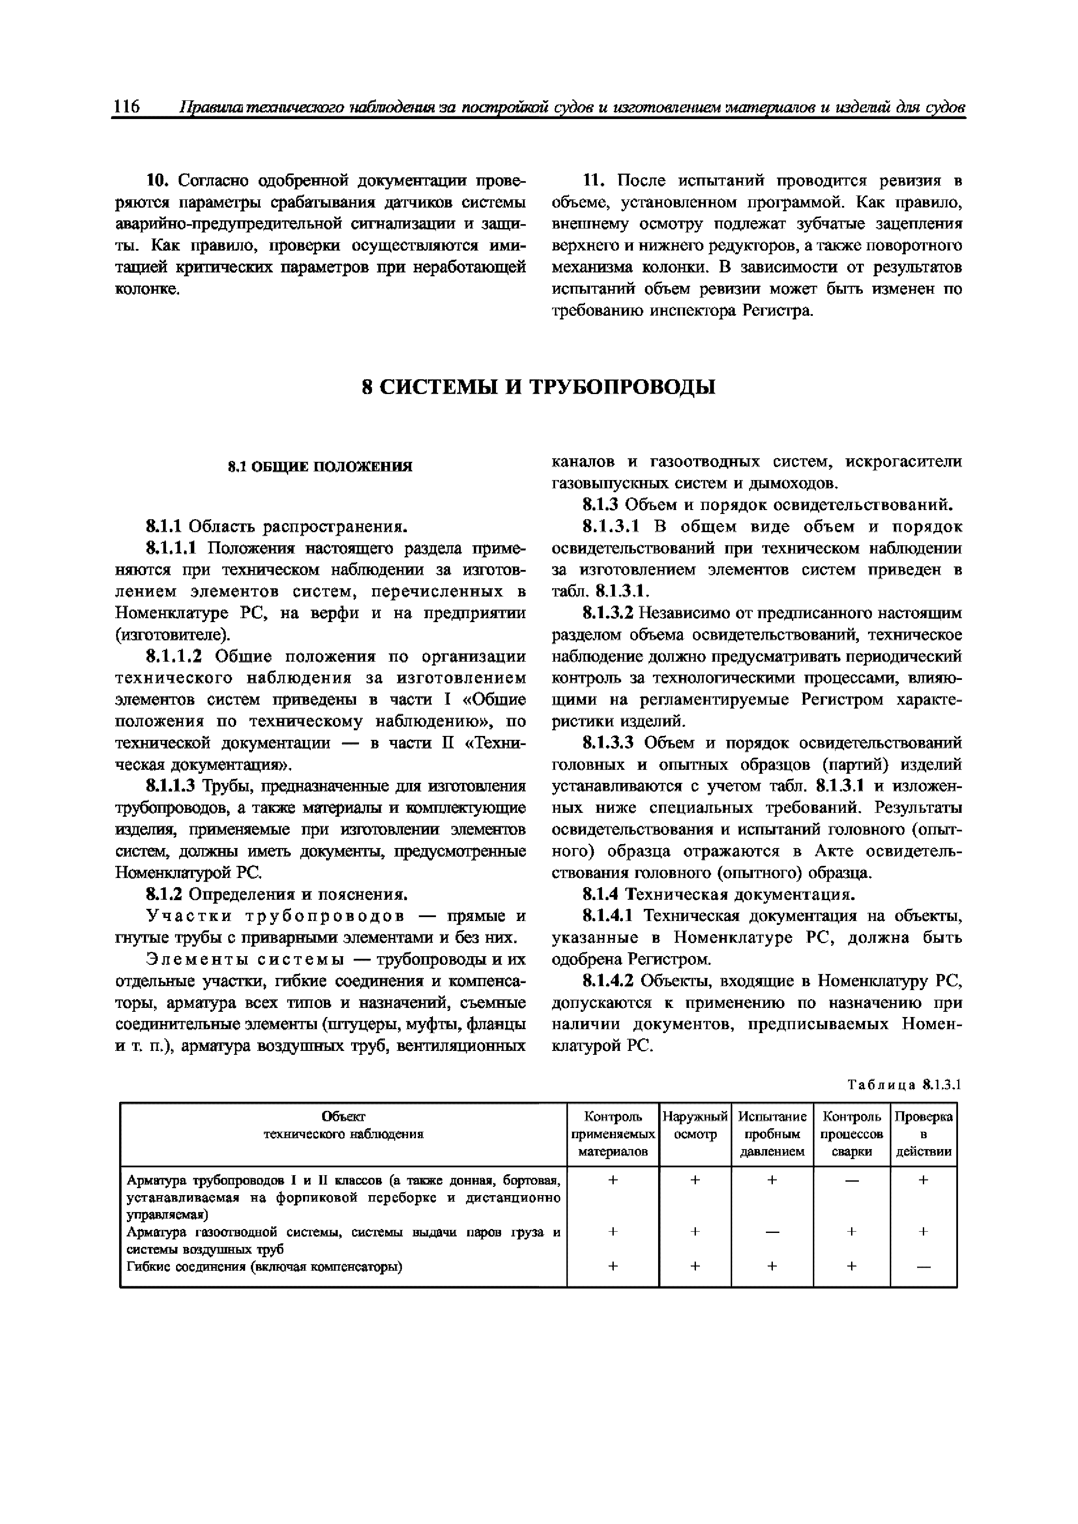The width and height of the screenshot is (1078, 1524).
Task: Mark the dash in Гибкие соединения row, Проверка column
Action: (923, 1266)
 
